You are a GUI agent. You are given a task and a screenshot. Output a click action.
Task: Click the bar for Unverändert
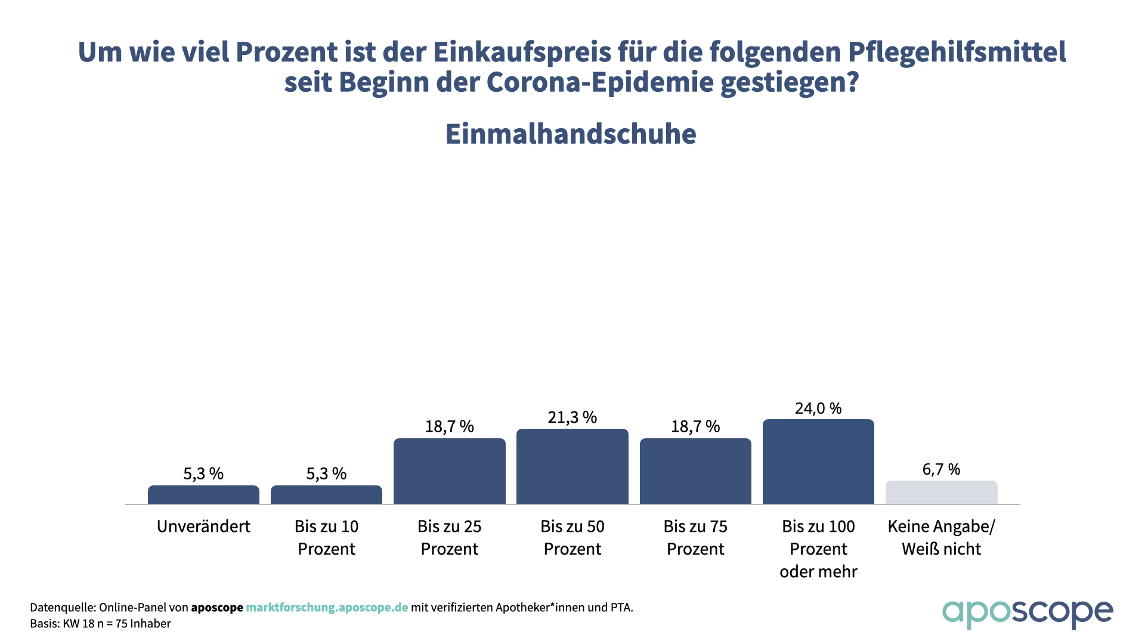[203, 495]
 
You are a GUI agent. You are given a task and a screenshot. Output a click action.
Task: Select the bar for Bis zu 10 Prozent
[326, 495]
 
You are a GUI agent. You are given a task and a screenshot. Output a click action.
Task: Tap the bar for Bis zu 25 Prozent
[450, 471]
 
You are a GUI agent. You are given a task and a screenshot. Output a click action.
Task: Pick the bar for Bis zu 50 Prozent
[572, 466]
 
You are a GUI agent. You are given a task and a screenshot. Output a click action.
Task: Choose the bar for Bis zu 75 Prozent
[695, 471]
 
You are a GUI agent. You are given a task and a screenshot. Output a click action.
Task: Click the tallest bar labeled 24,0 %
[818, 462]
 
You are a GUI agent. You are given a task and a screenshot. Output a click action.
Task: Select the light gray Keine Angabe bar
[941, 493]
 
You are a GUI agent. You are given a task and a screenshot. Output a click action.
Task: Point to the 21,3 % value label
[572, 417]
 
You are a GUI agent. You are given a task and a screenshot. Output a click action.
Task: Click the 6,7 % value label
[941, 469]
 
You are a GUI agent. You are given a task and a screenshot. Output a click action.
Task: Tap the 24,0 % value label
[818, 408]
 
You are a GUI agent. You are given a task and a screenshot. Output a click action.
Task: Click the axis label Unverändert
[203, 527]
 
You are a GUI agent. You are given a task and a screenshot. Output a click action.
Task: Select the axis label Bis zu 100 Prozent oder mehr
[818, 549]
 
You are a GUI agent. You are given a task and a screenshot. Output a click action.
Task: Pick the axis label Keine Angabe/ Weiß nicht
[941, 537]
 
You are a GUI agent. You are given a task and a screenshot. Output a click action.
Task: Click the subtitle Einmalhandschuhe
[571, 134]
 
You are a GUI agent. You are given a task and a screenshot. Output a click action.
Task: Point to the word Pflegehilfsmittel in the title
[957, 52]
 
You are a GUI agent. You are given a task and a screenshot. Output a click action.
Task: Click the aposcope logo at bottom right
[1027, 614]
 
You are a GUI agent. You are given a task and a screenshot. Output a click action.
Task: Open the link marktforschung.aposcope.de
[327, 608]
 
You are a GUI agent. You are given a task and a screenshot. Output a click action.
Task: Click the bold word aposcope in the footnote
[217, 608]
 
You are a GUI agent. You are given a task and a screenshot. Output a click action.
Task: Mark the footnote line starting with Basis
[100, 624]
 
